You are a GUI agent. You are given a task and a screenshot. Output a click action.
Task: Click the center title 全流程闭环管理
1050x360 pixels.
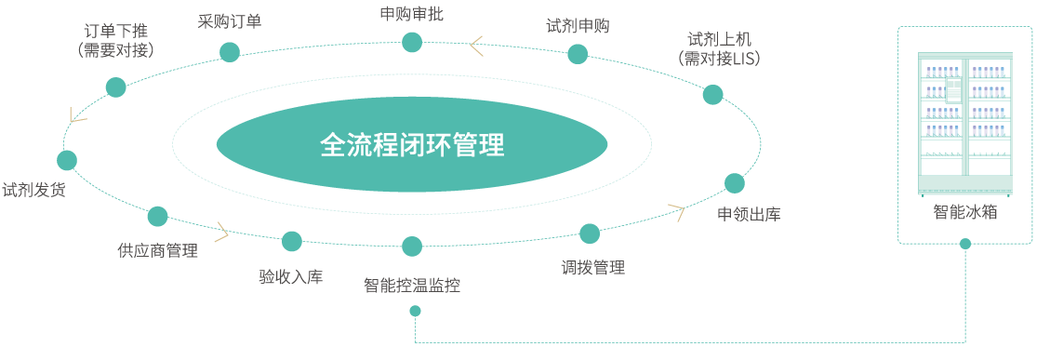pyautogui.click(x=412, y=145)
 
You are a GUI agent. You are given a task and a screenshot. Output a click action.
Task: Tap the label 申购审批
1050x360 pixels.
pyautogui.click(x=412, y=13)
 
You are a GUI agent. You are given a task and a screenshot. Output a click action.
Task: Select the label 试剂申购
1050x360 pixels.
pyautogui.click(x=578, y=26)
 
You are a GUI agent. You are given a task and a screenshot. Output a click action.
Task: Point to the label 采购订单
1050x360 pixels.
pyautogui.click(x=230, y=21)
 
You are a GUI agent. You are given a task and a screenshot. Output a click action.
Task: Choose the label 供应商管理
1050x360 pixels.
pyautogui.click(x=157, y=250)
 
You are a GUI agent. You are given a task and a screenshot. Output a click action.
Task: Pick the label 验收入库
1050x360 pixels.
pyautogui.click(x=291, y=276)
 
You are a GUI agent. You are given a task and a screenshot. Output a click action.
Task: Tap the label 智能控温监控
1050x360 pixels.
pyautogui.click(x=412, y=286)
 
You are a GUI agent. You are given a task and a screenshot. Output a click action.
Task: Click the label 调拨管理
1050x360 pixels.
pyautogui.click(x=592, y=268)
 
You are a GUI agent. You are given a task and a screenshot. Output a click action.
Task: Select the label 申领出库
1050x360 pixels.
pyautogui.click(x=749, y=215)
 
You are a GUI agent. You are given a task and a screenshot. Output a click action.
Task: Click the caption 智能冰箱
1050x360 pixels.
pyautogui.click(x=965, y=212)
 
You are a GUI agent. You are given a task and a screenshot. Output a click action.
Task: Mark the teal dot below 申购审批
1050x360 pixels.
pyautogui.click(x=412, y=42)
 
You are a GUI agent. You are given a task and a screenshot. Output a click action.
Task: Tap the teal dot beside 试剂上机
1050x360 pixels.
pyautogui.click(x=712, y=94)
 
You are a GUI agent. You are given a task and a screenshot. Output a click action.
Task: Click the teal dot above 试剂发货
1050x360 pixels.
pyautogui.click(x=67, y=160)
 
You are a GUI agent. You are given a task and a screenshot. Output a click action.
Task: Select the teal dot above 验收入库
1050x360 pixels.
pyautogui.click(x=292, y=242)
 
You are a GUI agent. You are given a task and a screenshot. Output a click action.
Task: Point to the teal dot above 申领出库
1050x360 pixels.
pyautogui.click(x=735, y=183)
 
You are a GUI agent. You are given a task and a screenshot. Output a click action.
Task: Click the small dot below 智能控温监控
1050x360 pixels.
pyautogui.click(x=415, y=311)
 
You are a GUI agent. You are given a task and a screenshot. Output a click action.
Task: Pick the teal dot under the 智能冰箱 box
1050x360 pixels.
pyautogui.click(x=965, y=245)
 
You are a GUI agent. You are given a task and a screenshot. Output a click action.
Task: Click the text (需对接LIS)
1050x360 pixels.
pyautogui.click(x=720, y=60)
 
